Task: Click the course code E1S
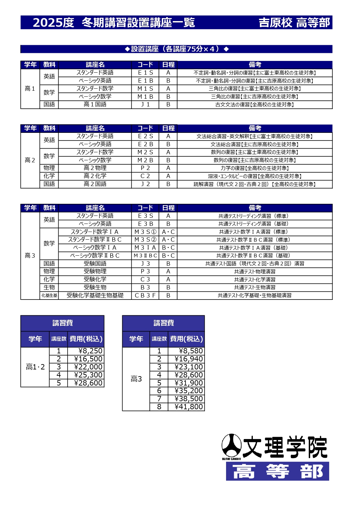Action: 145,73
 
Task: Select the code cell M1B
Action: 145,97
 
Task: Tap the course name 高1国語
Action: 95,104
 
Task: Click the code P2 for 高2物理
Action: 145,168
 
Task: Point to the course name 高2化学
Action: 95,176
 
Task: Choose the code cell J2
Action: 145,184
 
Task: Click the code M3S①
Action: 145,232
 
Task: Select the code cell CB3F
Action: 145,295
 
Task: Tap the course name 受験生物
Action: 95,287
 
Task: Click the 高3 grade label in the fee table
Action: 136,379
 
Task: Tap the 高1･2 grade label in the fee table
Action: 35,367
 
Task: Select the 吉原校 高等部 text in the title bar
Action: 294,22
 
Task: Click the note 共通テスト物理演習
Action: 255,272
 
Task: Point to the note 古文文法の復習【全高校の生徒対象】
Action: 255,105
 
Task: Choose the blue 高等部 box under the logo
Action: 277,471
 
